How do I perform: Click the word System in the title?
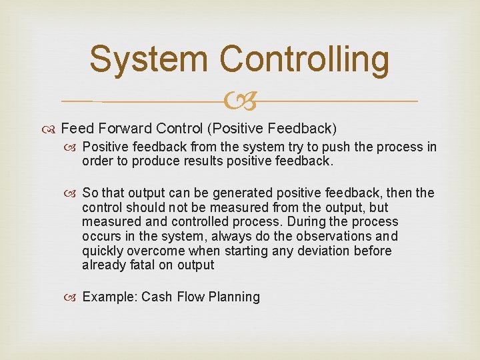pos(149,59)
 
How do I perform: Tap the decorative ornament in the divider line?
pos(240,101)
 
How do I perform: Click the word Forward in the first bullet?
pos(127,128)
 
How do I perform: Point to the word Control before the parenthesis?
pos(177,128)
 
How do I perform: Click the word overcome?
pos(159,251)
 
